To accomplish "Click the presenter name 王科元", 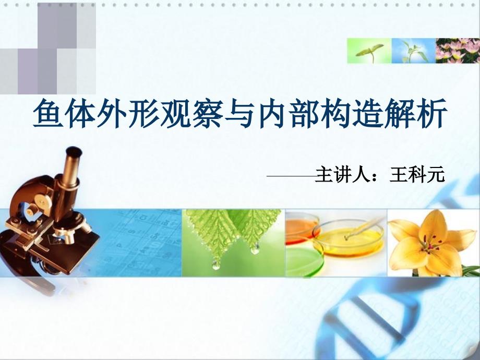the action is click(x=417, y=175).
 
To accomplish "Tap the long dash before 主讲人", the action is click(x=292, y=176).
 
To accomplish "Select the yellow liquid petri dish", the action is click(x=350, y=239).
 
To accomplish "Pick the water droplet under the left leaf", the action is click(x=217, y=265).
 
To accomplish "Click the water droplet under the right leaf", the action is click(x=255, y=248).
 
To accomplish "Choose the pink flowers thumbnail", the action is click(x=458, y=51).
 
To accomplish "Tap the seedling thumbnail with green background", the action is click(x=369, y=51).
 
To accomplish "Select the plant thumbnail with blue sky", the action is click(x=414, y=51).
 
